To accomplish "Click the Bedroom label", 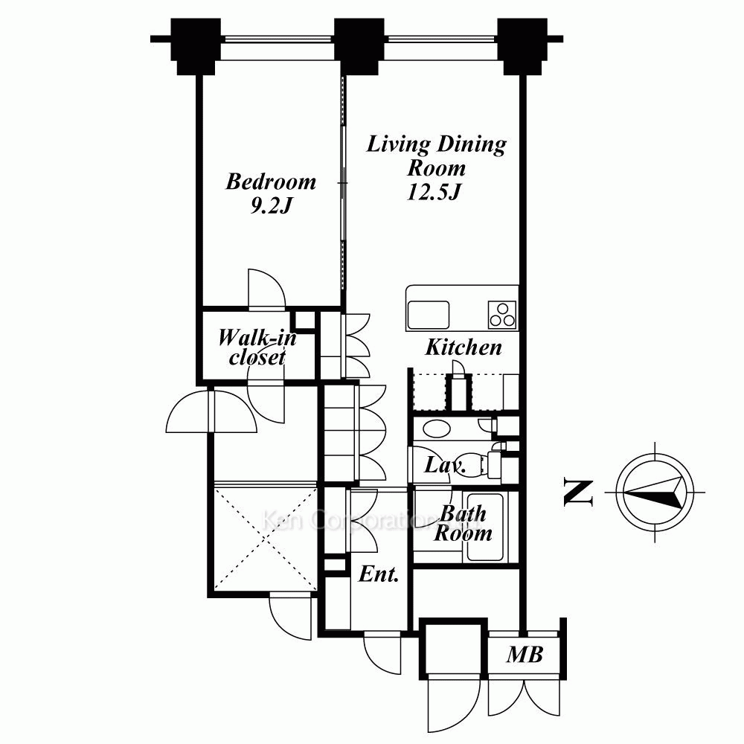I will coord(271,182).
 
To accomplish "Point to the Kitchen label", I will coord(463,347).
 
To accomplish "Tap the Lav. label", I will coord(445,467).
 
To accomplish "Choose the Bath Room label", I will coord(463,523).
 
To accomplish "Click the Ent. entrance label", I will coord(379,574).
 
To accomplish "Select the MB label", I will coord(525,655).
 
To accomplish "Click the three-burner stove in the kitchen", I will coord(502,314).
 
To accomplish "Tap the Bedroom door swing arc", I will coord(264,289).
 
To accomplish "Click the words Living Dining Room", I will coord(436,155).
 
